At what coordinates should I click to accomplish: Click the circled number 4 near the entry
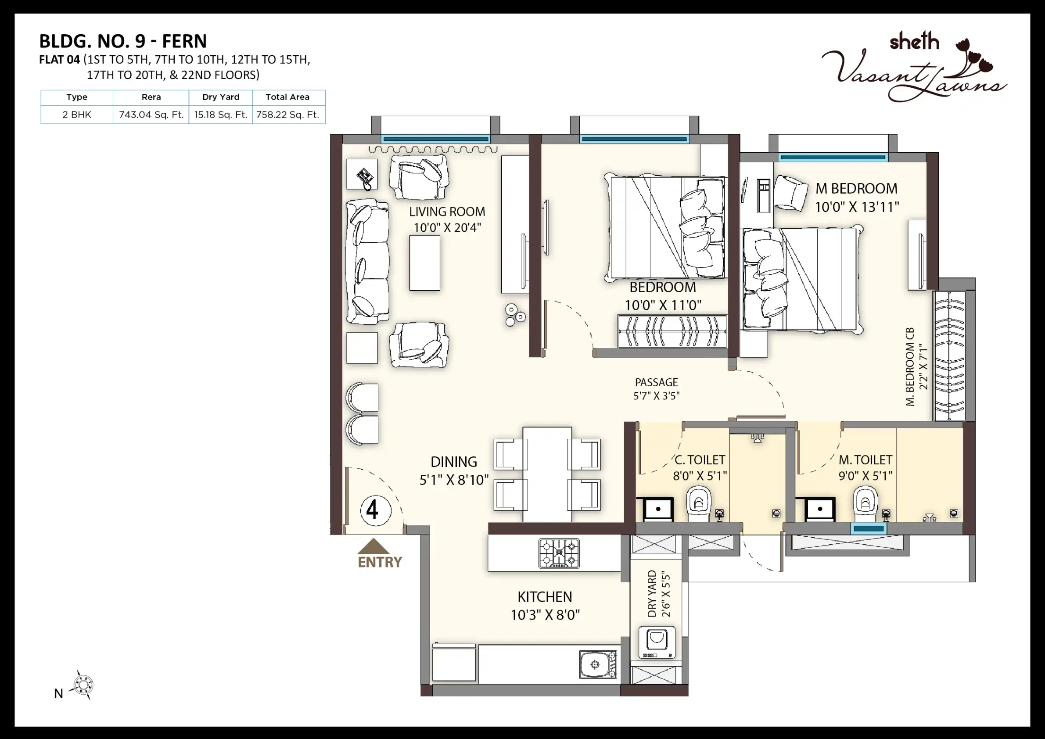376,510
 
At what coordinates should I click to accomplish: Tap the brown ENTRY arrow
373,546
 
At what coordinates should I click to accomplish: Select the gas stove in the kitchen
559,553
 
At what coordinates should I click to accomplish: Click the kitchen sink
598,664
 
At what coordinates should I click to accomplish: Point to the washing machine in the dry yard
657,642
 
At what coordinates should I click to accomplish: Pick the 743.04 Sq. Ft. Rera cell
151,115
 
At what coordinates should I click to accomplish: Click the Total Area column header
287,97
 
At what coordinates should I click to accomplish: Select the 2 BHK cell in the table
77,115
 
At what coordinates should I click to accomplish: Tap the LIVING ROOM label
447,212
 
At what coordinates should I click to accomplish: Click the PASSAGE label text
656,382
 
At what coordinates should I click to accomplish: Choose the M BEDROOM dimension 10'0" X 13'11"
857,207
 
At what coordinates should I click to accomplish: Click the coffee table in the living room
425,262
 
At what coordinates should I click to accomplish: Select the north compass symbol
83,685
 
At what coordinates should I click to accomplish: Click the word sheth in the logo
914,41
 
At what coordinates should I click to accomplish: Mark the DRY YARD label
652,593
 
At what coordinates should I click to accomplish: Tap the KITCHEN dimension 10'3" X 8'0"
545,615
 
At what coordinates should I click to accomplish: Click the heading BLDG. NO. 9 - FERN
123,41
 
